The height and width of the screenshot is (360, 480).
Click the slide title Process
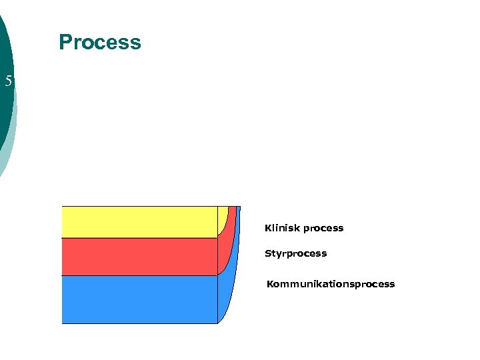pos(100,43)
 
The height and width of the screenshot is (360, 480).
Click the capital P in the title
pos(65,43)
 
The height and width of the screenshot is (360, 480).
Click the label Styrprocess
pos(295,254)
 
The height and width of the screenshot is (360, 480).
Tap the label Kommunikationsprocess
pos(331,285)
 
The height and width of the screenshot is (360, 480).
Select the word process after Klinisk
pos(323,228)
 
